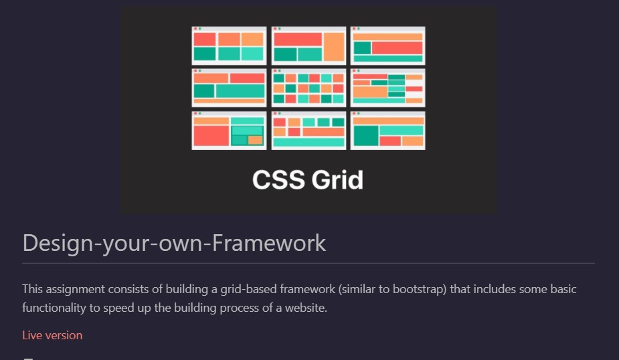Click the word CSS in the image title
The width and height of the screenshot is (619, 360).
278,180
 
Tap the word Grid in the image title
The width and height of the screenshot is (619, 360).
337,180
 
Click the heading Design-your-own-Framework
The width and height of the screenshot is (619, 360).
174,243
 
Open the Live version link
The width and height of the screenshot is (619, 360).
52,335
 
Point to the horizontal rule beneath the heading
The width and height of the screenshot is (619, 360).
308,263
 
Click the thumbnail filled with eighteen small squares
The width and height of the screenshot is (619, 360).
308,88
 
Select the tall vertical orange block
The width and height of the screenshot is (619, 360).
334,47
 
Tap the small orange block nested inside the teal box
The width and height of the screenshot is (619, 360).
255,140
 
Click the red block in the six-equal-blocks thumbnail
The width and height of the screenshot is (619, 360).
205,39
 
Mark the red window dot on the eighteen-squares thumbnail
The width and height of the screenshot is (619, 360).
275,71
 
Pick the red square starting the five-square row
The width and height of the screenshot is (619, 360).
280,122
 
